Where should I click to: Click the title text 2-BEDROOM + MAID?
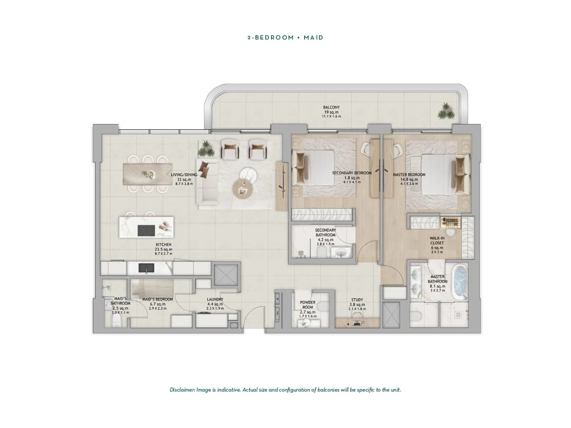[x=285, y=38]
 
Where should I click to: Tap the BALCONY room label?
[x=331, y=107]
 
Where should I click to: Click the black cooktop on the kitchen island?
[x=146, y=231]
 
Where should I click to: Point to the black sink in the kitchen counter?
[x=146, y=268]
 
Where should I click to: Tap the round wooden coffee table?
[x=243, y=189]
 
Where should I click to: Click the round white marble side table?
[x=248, y=175]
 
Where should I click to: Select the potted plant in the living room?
[x=206, y=149]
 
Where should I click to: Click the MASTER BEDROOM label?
[x=409, y=175]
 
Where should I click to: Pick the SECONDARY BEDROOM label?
[x=352, y=173]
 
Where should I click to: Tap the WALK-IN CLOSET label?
[x=437, y=240]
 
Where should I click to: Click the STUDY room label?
[x=357, y=300]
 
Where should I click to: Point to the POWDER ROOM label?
[x=308, y=305]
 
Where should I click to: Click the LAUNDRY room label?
[x=215, y=299]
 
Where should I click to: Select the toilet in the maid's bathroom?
[x=116, y=321]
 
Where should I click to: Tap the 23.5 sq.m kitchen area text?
[x=163, y=249]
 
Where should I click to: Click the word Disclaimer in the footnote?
[x=182, y=390]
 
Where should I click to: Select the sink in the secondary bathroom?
[x=340, y=252]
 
